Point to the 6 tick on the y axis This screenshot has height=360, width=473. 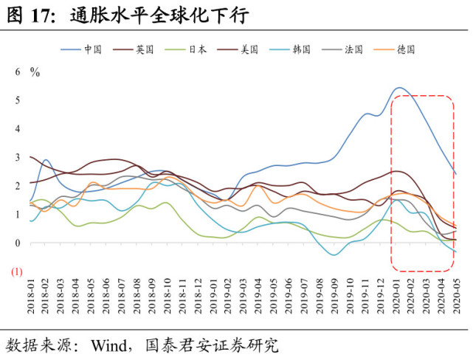click(x=18, y=72)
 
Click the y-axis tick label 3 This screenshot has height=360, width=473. click(x=18, y=157)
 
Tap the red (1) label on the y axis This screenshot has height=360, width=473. click(x=16, y=271)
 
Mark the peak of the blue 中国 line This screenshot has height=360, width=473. click(x=398, y=88)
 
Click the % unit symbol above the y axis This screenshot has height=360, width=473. click(x=35, y=72)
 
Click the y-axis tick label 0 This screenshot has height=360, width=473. click(x=18, y=243)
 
